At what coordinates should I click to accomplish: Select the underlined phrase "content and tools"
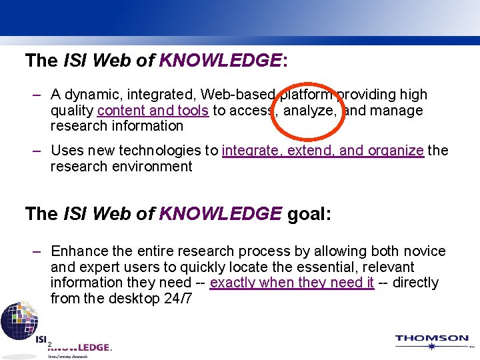click(153, 111)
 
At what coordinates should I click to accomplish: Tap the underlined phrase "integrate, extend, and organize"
click(323, 151)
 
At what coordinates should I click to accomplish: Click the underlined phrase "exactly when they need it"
click(291, 283)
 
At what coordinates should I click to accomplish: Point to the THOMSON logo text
click(431, 339)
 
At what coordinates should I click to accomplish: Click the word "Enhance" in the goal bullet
click(79, 251)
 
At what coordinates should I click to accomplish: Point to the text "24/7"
click(178, 299)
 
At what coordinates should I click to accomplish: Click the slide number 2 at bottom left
click(49, 344)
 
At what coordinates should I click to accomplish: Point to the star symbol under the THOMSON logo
click(431, 347)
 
